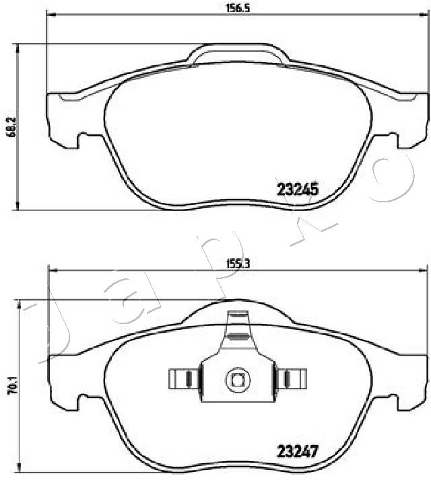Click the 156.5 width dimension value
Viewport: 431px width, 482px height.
(238, 8)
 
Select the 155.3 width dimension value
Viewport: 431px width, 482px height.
(238, 264)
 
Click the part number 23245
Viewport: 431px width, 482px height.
(298, 190)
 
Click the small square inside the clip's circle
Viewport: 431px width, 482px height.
(238, 380)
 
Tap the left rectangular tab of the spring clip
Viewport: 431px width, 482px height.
(184, 378)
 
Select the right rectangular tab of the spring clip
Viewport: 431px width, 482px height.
(292, 378)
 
